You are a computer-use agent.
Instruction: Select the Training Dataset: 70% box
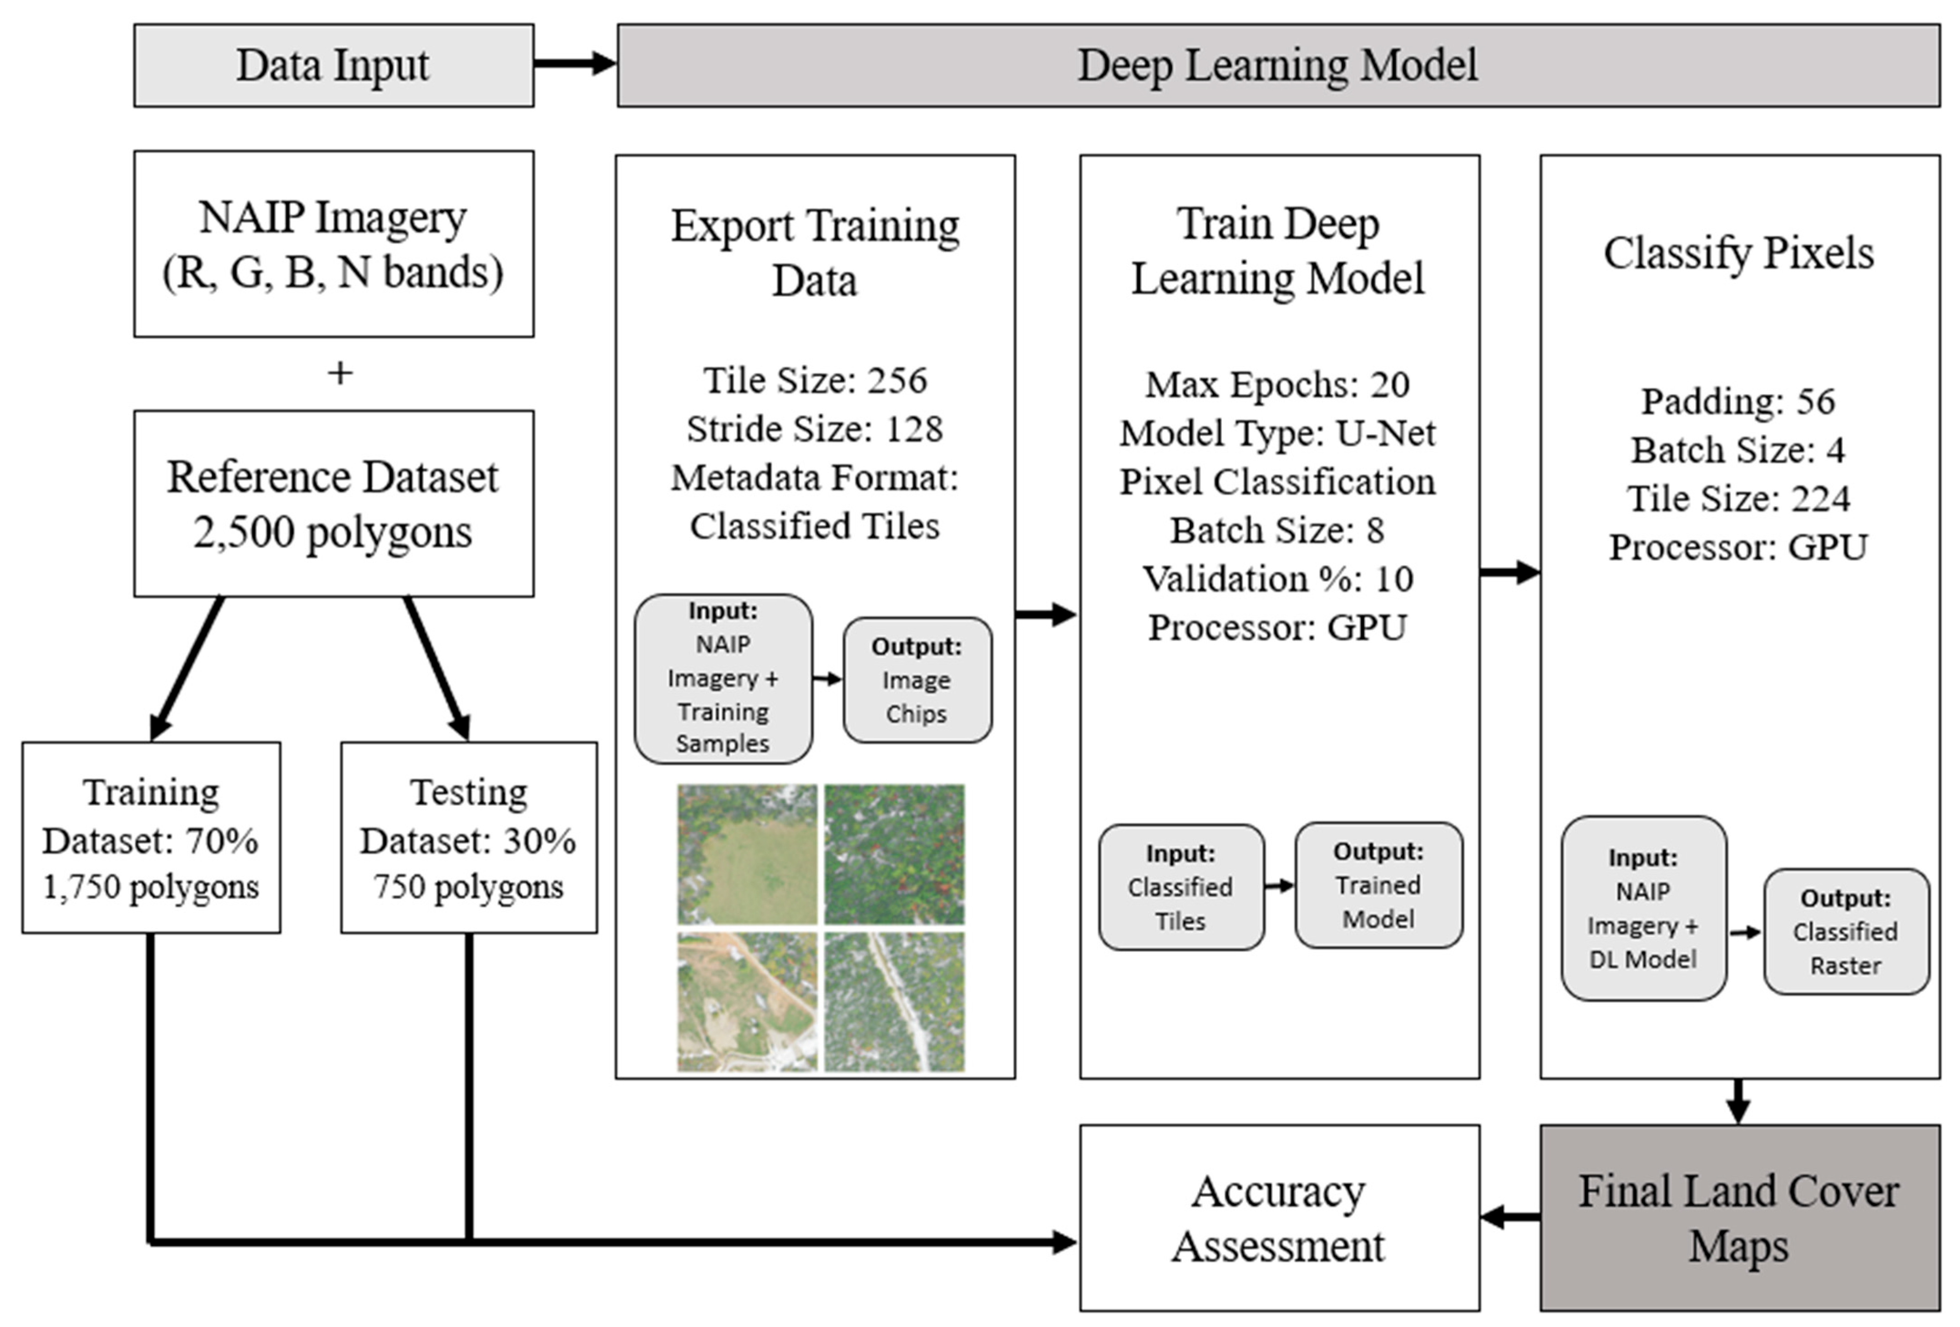coord(151,838)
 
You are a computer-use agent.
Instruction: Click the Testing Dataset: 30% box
coord(469,838)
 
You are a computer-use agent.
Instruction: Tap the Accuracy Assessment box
coord(1279,1217)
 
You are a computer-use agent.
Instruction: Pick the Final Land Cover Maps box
coord(1740,1217)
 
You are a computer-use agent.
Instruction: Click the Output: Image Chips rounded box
coord(917,680)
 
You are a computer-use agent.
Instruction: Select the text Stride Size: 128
coord(815,428)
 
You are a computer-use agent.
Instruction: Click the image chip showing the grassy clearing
coord(747,854)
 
